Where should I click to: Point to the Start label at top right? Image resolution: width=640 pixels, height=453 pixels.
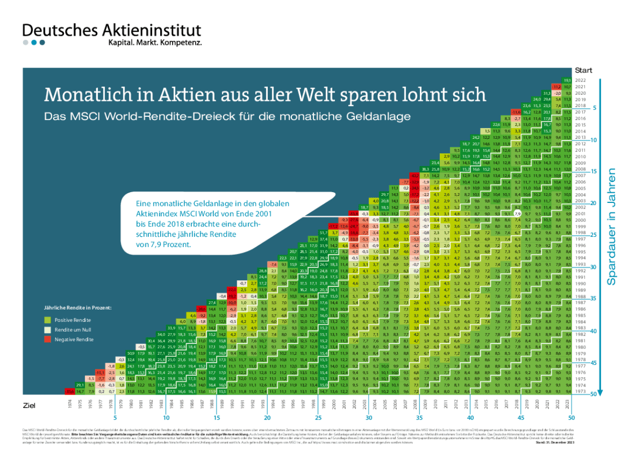[584, 70]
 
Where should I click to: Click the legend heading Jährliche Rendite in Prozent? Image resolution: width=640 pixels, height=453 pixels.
[76, 308]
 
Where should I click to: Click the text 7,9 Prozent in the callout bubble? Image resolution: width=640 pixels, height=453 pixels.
[164, 244]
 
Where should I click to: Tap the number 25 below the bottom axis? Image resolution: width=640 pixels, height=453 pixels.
[317, 418]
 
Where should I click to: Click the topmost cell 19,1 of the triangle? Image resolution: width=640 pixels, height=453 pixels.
[567, 80]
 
